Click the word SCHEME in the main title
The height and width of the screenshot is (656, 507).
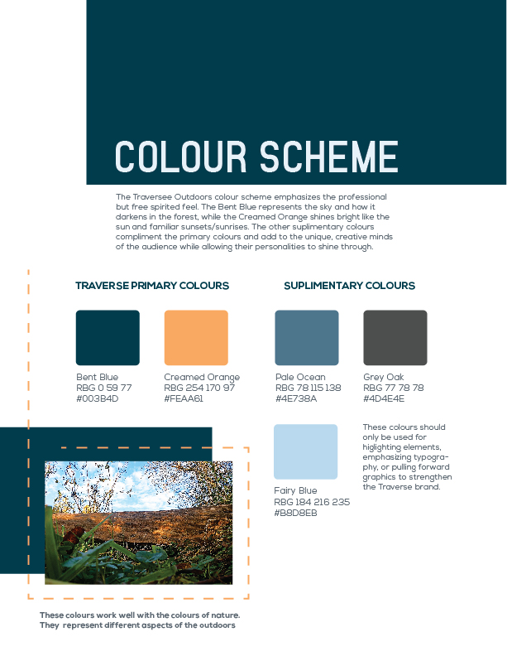point(328,157)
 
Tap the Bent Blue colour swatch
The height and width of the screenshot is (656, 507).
point(108,337)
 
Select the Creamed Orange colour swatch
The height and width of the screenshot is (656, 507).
point(196,337)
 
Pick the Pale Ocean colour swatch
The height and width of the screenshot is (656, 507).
point(306,337)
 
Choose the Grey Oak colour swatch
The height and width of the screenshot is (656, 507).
point(395,337)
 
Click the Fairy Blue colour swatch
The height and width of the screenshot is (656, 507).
point(305,451)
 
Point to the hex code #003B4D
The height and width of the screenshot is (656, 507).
point(98,398)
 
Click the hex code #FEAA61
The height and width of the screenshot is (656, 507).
point(184,398)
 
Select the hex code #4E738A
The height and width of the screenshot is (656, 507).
point(296,398)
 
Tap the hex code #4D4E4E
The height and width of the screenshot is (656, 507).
point(384,398)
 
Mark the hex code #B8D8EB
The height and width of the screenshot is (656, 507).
point(295,514)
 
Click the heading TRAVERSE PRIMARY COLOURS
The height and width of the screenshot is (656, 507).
point(152,286)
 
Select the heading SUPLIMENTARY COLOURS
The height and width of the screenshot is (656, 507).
point(349,286)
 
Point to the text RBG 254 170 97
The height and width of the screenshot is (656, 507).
point(199,388)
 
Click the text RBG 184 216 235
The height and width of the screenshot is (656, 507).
point(312,502)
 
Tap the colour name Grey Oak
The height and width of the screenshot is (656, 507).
point(383,378)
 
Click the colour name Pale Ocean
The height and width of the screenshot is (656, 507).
point(300,378)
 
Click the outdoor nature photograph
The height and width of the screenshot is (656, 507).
point(138,523)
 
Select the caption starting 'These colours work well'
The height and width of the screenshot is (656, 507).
point(140,620)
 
